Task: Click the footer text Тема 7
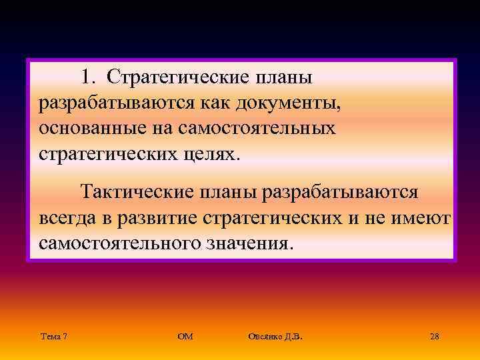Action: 53,337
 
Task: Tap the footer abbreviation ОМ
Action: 185,337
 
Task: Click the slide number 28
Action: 434,337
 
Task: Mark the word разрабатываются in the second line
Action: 117,103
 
